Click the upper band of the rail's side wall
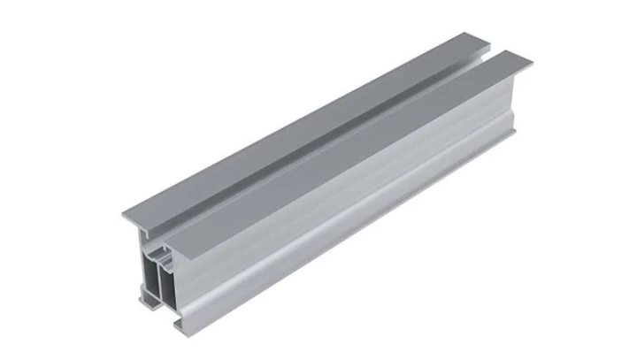[354, 177]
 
